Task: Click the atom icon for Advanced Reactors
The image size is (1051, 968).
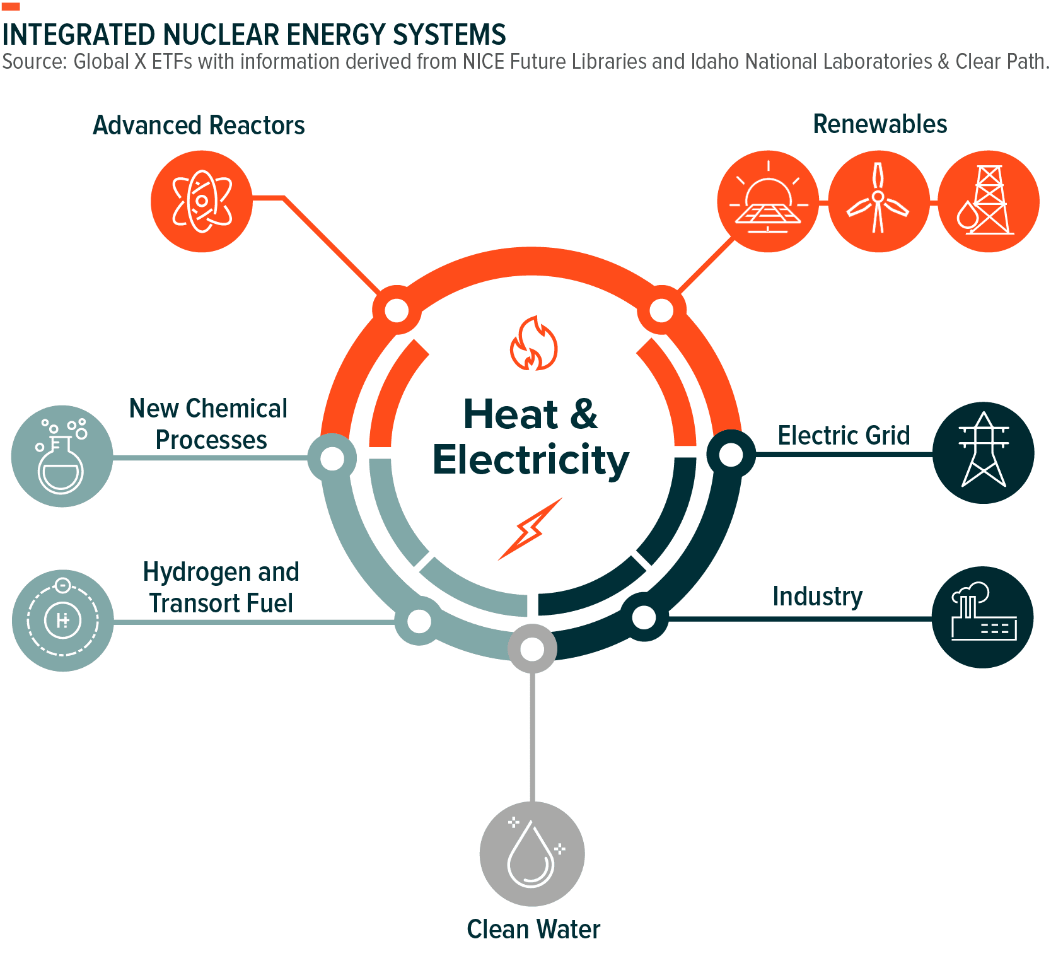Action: point(202,201)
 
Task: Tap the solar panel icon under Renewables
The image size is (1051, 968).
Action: point(768,201)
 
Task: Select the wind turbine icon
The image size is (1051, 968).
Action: point(878,201)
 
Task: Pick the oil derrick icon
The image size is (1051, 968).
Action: point(988,201)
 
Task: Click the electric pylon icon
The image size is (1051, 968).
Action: point(983,452)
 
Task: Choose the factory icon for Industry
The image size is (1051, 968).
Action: point(983,617)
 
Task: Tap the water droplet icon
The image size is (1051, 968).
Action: point(531,853)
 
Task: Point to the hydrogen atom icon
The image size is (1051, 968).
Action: point(62,620)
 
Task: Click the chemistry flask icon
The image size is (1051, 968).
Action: point(62,455)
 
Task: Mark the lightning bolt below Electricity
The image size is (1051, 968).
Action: point(530,528)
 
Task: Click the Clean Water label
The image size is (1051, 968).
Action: point(533,929)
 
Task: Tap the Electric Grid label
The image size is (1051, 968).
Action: point(844,435)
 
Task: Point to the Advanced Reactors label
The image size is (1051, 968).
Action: point(199,125)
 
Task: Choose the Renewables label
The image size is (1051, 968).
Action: point(880,124)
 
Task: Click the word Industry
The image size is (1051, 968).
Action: point(817,596)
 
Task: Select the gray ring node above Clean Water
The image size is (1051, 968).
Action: point(532,648)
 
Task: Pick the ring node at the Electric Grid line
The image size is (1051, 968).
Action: point(731,455)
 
